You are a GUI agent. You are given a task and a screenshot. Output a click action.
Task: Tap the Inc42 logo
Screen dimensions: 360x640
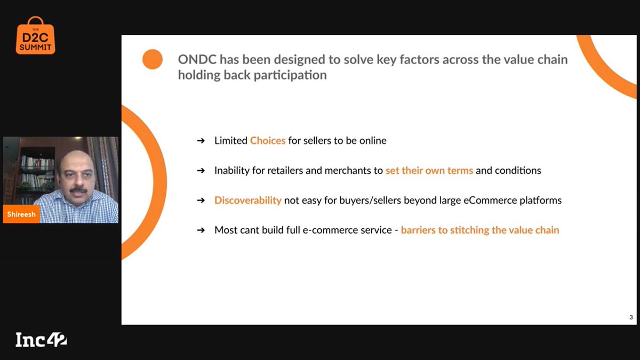[41, 340]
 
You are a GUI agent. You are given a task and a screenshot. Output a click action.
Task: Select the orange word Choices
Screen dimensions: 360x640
[268, 141]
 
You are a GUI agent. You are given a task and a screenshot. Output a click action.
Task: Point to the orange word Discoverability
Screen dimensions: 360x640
[247, 201]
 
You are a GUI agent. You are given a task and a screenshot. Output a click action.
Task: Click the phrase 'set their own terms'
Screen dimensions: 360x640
[429, 171]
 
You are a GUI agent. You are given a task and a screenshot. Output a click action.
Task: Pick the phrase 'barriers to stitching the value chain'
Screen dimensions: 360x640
[480, 230]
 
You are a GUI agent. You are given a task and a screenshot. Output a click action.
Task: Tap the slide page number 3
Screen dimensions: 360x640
[631, 318]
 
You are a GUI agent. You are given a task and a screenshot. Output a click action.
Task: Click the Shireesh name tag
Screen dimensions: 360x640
[21, 214]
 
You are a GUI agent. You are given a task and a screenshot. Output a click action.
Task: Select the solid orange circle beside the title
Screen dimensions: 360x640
[153, 59]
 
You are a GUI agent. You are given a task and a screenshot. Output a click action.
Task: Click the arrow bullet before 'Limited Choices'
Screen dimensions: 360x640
[201, 141]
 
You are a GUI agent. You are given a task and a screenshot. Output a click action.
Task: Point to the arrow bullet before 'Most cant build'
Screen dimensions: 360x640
[201, 230]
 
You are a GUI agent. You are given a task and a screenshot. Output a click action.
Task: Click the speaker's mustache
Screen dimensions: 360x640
[78, 189]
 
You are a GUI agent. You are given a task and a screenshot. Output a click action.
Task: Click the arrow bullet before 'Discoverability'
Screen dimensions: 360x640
[201, 201]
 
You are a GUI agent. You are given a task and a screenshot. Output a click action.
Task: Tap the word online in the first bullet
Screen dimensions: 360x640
[372, 141]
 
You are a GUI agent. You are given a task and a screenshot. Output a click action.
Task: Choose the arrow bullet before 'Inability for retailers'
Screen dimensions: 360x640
[201, 171]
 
